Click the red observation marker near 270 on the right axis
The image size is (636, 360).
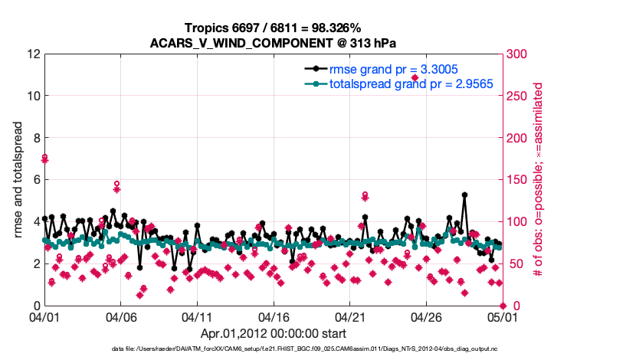415,78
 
